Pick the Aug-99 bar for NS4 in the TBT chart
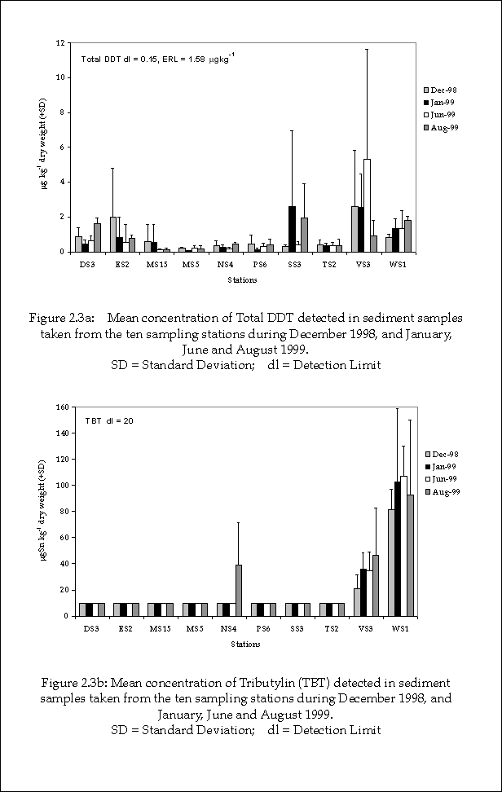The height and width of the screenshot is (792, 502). tap(238, 591)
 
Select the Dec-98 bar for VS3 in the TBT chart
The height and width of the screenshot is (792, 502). tap(356, 602)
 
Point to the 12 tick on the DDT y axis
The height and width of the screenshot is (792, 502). tap(59, 42)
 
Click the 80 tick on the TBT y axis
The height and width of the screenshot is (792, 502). tap(59, 511)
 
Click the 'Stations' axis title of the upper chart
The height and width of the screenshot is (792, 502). tap(242, 280)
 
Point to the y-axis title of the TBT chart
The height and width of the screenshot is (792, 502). tap(46, 511)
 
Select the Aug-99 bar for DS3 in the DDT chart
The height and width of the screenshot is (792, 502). tap(98, 237)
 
